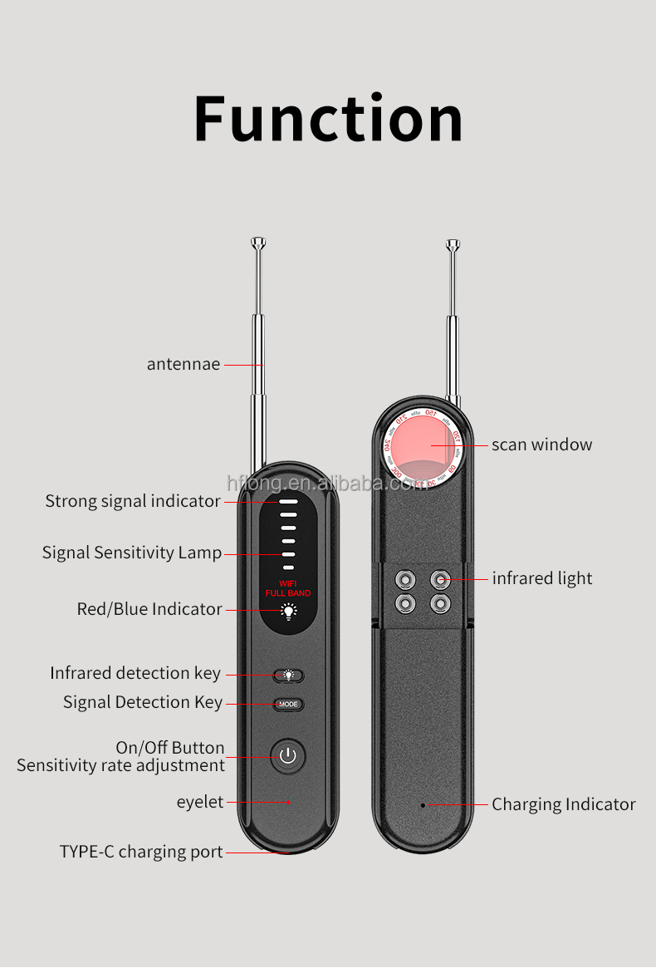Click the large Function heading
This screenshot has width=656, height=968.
click(328, 119)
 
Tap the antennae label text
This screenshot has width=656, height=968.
click(184, 364)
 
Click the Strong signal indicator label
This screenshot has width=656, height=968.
click(133, 501)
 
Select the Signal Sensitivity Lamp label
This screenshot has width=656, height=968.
click(132, 553)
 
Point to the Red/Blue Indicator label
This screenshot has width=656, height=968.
click(149, 609)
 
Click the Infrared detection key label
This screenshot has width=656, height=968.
click(135, 673)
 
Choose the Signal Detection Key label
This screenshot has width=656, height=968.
click(143, 702)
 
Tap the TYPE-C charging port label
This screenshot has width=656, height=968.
click(141, 852)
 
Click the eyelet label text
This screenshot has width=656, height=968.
click(200, 802)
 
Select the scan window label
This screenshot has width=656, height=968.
click(541, 445)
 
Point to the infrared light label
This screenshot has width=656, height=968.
click(542, 578)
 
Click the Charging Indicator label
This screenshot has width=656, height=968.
click(563, 804)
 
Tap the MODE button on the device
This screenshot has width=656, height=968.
click(288, 705)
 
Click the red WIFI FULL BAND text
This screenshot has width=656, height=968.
click(287, 589)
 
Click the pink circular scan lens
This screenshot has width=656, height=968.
click(423, 445)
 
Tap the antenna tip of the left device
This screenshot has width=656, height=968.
click(258, 243)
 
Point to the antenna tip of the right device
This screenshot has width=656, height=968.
click(453, 244)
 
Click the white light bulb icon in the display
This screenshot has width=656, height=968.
click(288, 612)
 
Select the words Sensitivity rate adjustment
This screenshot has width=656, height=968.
click(121, 765)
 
